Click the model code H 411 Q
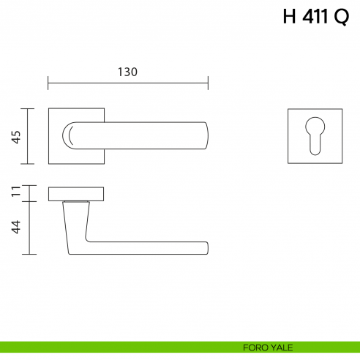(x=315, y=18)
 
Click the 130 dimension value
(x=127, y=72)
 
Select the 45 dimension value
(x=15, y=136)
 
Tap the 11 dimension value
(x=15, y=193)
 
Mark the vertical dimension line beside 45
(x=29, y=136)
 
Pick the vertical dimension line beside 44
(x=29, y=228)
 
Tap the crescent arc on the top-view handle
(x=67, y=136)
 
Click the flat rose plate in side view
(x=76, y=193)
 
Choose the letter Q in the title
(x=341, y=18)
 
